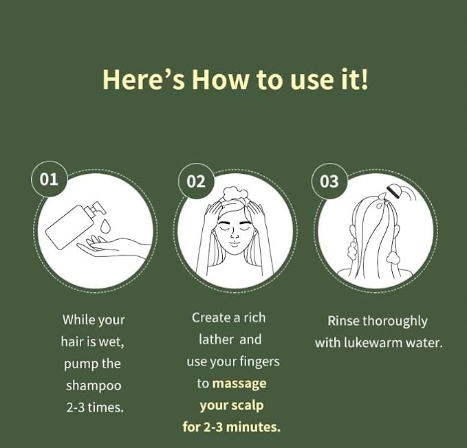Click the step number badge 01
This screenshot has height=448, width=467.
(x=49, y=180)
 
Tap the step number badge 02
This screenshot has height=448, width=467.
(x=196, y=181)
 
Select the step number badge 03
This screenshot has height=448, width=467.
(x=329, y=181)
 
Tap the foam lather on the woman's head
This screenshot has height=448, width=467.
(x=235, y=194)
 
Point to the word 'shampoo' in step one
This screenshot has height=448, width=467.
(x=94, y=385)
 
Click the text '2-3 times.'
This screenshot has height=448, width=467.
(x=95, y=407)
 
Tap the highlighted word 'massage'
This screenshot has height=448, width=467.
(x=239, y=383)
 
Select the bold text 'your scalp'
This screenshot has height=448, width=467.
(x=232, y=405)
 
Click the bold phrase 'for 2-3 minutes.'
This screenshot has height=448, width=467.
(x=232, y=427)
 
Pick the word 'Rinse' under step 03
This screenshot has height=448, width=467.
(x=343, y=321)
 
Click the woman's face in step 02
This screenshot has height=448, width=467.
(x=235, y=232)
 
